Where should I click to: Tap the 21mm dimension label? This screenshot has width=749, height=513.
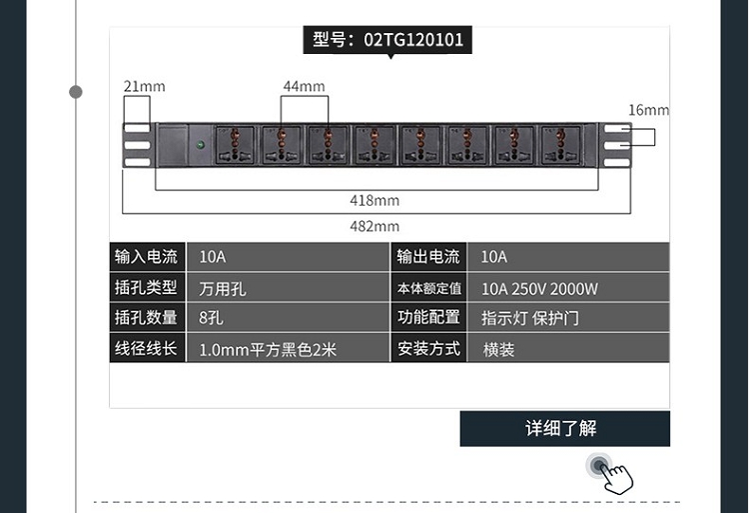144,87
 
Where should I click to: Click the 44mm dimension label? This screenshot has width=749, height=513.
304,86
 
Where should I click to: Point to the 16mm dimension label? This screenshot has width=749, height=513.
648,110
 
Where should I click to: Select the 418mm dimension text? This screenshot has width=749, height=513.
374,200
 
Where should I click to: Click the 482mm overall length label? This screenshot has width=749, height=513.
374,226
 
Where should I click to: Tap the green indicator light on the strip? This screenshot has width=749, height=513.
201,145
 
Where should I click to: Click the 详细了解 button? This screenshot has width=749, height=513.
564,428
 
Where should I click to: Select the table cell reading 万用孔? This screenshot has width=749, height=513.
223,289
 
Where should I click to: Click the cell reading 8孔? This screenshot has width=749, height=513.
212,318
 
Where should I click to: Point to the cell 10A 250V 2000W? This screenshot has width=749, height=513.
539,289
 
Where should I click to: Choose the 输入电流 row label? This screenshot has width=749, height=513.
147,257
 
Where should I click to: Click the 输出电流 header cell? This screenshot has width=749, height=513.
428,257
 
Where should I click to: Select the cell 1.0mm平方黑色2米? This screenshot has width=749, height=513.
268,350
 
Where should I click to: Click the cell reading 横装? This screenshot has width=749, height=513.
498,350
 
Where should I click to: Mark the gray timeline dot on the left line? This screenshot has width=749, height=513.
76,92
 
